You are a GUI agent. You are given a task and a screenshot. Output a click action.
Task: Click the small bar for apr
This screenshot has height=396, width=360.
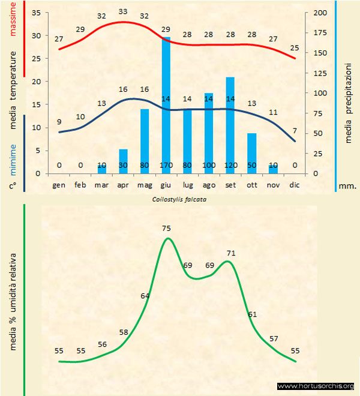click(x=123, y=161)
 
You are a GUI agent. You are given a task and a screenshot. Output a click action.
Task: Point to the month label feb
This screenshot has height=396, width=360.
click(x=80, y=185)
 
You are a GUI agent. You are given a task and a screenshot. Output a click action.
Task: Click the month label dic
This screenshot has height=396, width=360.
click(x=294, y=185)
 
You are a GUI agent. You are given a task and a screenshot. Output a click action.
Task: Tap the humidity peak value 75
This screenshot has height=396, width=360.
click(x=167, y=228)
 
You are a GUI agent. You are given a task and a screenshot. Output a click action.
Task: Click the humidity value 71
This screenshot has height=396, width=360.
click(x=230, y=253)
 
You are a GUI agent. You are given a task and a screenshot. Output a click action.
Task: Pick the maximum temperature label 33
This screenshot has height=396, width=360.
click(x=123, y=11)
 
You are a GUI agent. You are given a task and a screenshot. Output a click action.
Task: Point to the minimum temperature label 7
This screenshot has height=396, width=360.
click(x=294, y=130)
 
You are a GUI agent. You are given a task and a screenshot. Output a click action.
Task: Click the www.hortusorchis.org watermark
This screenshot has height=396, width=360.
click(x=316, y=386)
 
